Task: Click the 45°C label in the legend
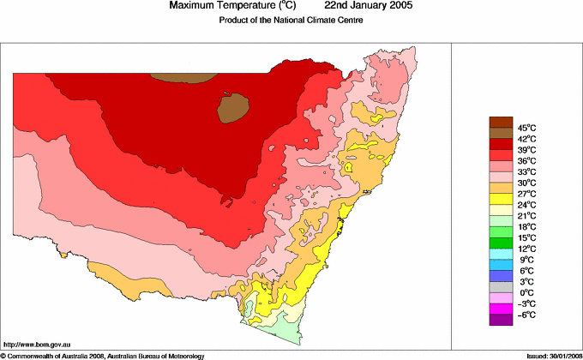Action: tap(526, 128)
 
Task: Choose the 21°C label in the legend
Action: tap(526, 216)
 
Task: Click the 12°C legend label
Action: tap(526, 249)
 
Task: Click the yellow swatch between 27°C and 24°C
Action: tap(501, 200)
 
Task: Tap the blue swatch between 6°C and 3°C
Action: tap(501, 276)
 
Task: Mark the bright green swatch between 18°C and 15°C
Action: tap(501, 232)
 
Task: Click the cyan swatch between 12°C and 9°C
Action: tap(501, 255)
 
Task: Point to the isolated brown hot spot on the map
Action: tap(233, 107)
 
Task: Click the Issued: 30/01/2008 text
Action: tap(549, 355)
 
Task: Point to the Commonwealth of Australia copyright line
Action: tap(103, 355)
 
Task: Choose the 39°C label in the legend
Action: tap(526, 150)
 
